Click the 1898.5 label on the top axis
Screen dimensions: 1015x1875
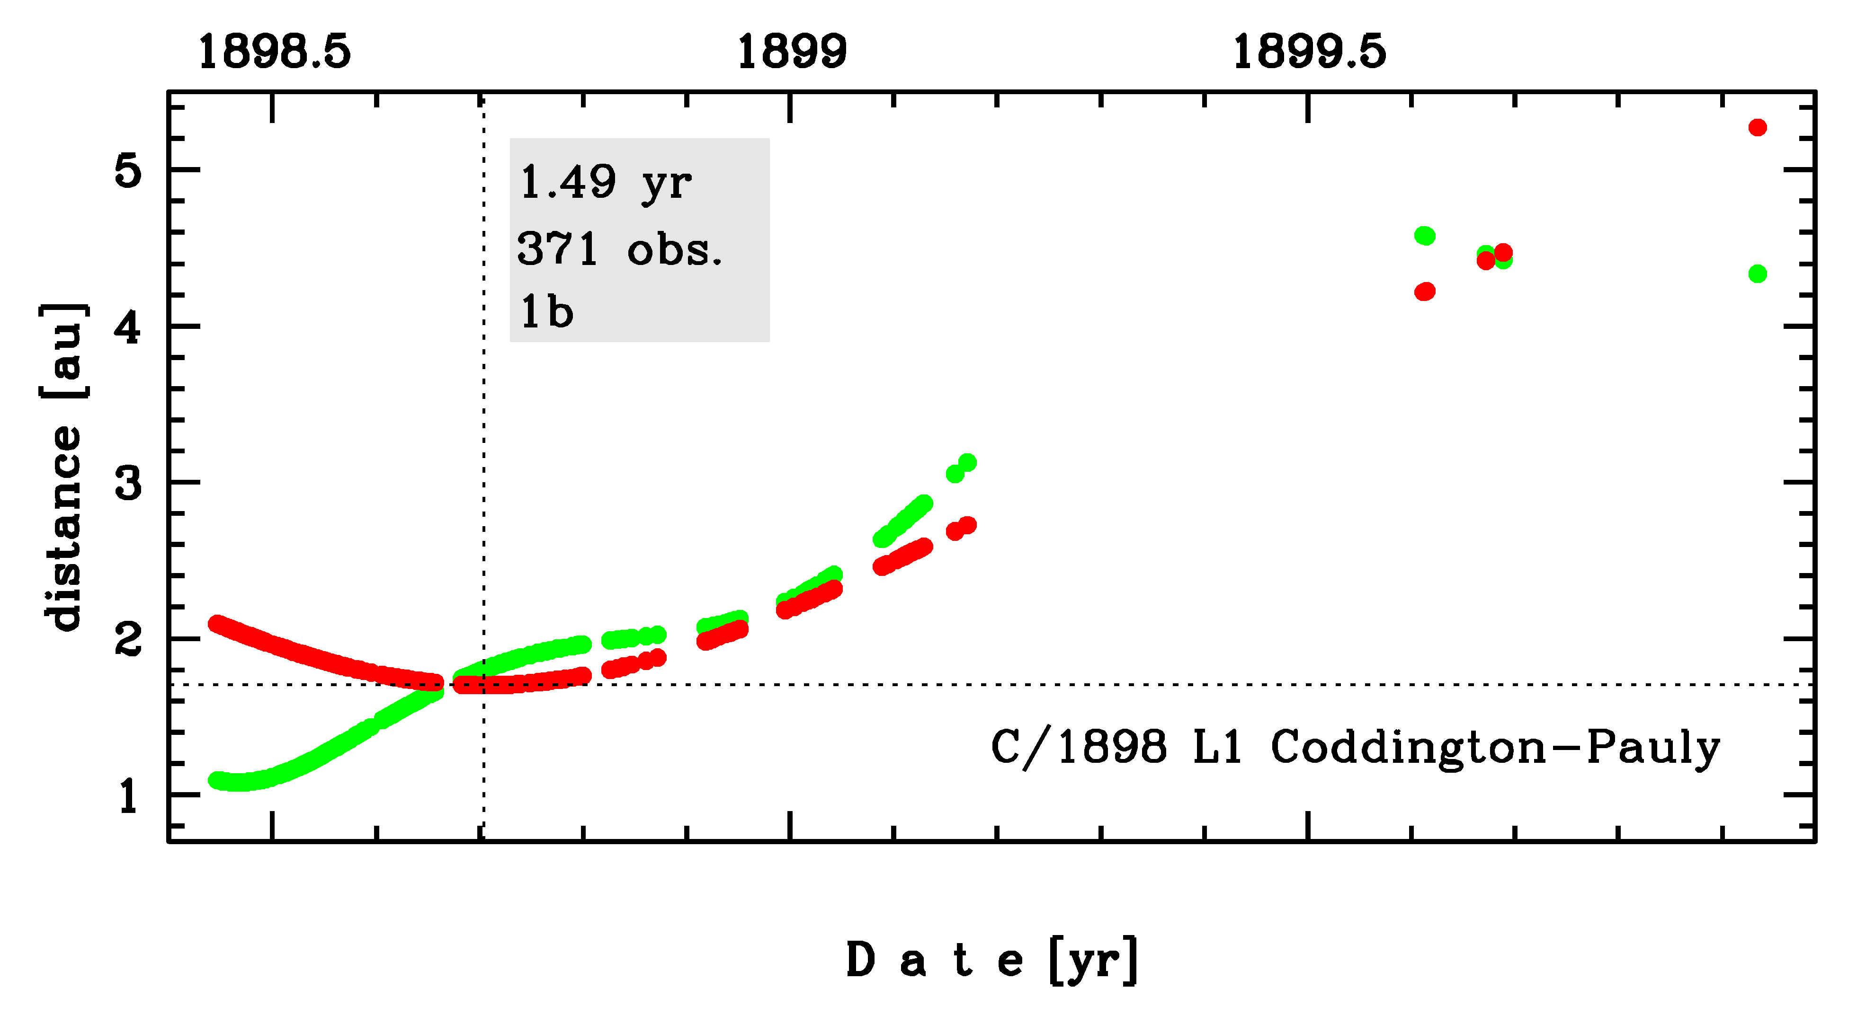tap(275, 53)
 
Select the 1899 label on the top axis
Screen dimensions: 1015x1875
tap(792, 53)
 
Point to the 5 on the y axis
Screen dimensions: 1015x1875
tap(128, 172)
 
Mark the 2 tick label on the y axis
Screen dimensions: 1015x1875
tap(128, 640)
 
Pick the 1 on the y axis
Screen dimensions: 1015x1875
tap(128, 796)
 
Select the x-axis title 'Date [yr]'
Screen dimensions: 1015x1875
tap(991, 961)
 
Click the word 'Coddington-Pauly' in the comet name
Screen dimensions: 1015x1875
tap(1495, 747)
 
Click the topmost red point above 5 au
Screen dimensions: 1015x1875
tap(1757, 127)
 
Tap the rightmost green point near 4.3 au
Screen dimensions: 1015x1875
tap(1757, 274)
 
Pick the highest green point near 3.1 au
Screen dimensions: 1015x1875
tap(967, 462)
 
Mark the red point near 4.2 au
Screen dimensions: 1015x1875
tap(1424, 292)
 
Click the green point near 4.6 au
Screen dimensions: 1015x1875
tap(1424, 236)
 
